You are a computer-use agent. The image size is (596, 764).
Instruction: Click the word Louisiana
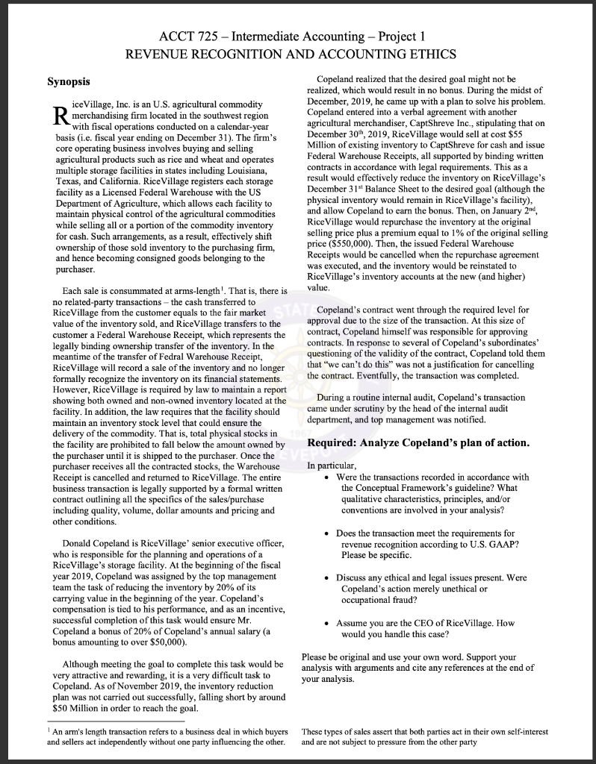pos(252,171)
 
